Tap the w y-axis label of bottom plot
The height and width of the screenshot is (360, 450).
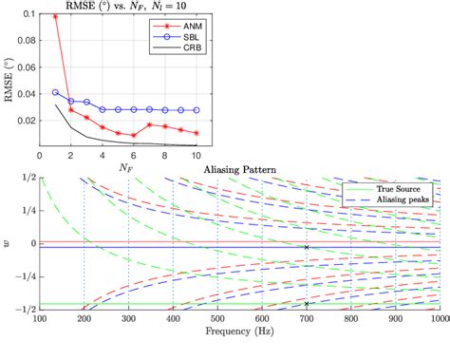click(x=9, y=244)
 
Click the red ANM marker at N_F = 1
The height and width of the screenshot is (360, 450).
click(x=55, y=17)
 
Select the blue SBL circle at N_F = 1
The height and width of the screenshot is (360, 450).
click(x=55, y=92)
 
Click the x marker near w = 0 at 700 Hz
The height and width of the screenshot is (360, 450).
click(x=306, y=247)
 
